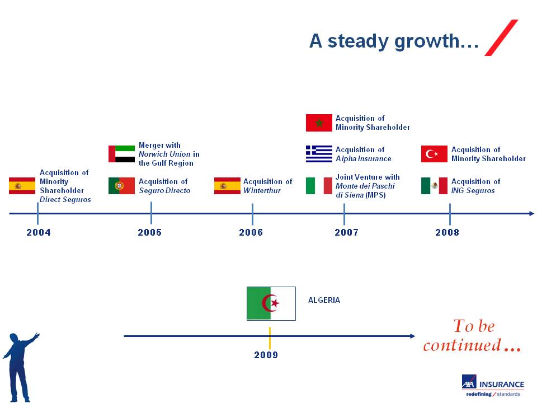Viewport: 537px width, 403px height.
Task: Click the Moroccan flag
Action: [x=319, y=123]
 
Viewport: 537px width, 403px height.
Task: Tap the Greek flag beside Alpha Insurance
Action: [x=319, y=154]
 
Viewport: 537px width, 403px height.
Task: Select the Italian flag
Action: [x=319, y=186]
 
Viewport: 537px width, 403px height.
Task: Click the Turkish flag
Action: [x=434, y=154]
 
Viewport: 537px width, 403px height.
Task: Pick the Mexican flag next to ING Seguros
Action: [x=434, y=186]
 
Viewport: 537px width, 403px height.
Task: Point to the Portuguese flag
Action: [x=121, y=186]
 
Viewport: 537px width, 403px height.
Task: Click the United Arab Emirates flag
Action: [x=121, y=154]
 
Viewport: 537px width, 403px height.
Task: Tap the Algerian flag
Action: [x=271, y=303]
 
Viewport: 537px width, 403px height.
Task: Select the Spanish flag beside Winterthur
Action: [x=228, y=186]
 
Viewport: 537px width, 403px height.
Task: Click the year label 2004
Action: [x=39, y=232]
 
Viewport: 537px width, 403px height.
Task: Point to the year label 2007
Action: [x=346, y=232]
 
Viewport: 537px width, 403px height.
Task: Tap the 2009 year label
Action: [x=266, y=355]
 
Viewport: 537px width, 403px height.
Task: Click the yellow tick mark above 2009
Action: [x=270, y=338]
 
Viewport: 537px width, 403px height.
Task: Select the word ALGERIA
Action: [x=324, y=300]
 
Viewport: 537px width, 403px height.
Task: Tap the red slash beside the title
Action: [x=501, y=38]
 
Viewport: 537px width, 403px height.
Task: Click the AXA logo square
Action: [x=469, y=381]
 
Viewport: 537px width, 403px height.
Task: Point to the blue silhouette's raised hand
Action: [x=35, y=336]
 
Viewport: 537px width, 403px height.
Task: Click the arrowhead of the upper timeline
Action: [x=531, y=213]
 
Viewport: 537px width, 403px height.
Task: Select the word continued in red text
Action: [x=462, y=345]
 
